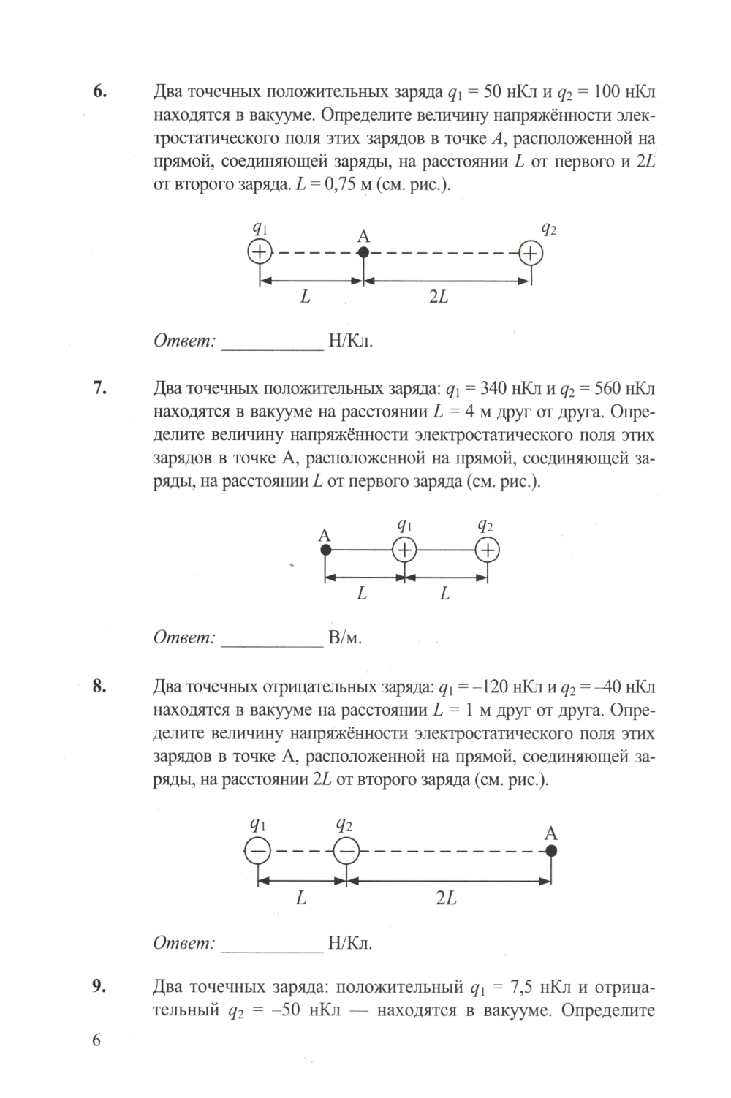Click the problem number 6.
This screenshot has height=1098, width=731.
point(100,92)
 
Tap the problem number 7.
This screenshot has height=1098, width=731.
point(100,388)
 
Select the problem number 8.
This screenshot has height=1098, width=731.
point(100,686)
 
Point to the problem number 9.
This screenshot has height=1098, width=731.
point(100,987)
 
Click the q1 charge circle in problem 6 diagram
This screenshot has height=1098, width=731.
point(260,253)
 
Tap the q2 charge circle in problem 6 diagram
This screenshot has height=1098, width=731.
point(531,254)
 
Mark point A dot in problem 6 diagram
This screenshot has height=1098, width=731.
point(363,253)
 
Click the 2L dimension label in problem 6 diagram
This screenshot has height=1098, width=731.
point(438,298)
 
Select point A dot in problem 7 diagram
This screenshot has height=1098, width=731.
point(326,549)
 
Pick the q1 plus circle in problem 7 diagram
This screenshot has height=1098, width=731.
point(404,550)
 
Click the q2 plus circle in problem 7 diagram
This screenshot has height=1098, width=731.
point(487,550)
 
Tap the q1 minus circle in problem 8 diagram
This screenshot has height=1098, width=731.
point(257,851)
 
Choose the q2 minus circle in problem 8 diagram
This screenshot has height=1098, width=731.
point(346,851)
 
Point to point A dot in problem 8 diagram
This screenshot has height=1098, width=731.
point(551,851)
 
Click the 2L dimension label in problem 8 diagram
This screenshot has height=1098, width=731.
point(446,898)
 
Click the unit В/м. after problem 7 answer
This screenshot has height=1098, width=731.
point(345,637)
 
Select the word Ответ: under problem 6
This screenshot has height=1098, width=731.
point(184,341)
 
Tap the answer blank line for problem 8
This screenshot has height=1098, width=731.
point(272,950)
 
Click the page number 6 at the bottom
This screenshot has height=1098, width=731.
point(96,1041)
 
